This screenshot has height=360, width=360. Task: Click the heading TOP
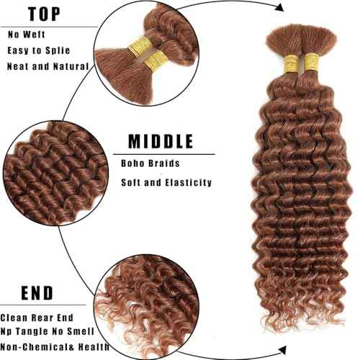click(46, 14)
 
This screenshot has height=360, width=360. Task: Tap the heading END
click(29, 292)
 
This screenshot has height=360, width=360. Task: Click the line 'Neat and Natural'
click(48, 66)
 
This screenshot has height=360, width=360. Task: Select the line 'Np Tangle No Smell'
click(45, 331)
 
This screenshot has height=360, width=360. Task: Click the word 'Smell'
click(78, 331)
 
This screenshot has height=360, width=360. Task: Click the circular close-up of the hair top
click(137, 50)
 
